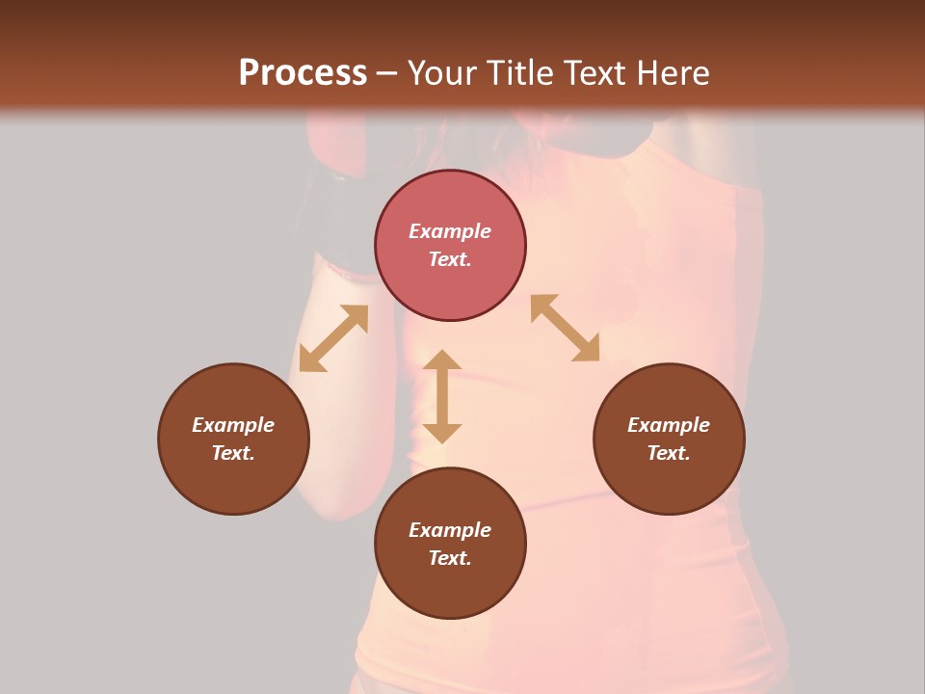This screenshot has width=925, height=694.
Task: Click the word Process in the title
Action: pos(303,73)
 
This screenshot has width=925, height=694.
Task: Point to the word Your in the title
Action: pos(446,73)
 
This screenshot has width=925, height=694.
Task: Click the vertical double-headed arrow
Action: pos(442,396)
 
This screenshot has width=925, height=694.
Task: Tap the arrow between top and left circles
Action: pos(333,338)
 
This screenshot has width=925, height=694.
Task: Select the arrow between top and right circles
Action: pos(565,328)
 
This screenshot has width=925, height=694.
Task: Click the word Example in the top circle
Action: pos(450,231)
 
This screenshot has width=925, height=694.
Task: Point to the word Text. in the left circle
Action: pos(233,453)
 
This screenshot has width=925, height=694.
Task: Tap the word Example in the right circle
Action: pos(669,425)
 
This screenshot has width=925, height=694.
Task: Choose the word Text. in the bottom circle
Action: pos(450,558)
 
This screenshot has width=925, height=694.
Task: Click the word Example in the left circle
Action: pos(233,425)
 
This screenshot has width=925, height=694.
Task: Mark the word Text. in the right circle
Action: pos(669,453)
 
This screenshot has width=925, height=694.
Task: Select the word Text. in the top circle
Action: pos(450,259)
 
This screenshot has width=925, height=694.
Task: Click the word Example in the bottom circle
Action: pos(450,530)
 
